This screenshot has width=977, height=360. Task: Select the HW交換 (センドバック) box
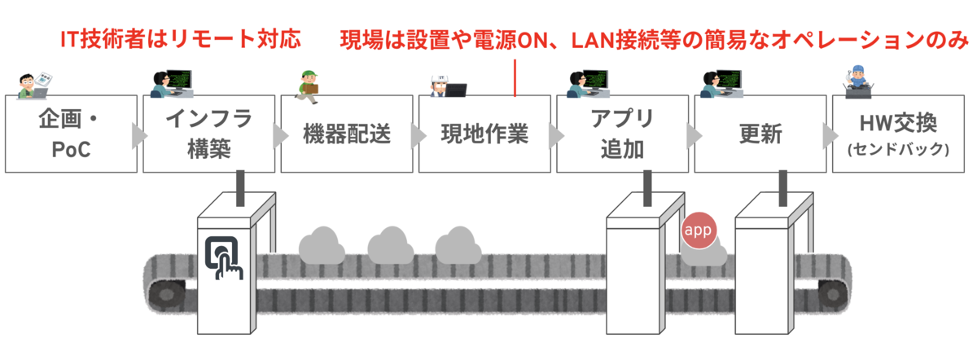tap(896, 134)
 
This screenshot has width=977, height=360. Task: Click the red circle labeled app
tap(698, 230)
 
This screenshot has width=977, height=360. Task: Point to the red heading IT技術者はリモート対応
tap(182, 38)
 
